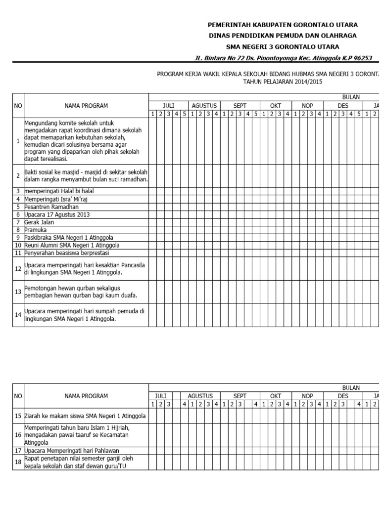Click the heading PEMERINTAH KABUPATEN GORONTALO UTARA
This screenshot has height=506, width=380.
pos(283,25)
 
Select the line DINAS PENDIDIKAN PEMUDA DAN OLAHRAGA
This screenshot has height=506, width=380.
pos(283,36)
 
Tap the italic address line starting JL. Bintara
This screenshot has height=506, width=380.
pos(283,58)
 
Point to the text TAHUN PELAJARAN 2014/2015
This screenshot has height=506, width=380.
pos(283,82)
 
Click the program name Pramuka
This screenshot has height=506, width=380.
pos(35,230)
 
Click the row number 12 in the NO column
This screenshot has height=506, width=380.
pos(18,268)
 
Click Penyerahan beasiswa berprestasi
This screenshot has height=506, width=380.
pos(62,253)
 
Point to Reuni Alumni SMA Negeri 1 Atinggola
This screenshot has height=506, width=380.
pos(71,245)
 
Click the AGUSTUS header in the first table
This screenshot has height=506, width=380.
pos(201,106)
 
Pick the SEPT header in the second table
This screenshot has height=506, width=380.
pos(240,396)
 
